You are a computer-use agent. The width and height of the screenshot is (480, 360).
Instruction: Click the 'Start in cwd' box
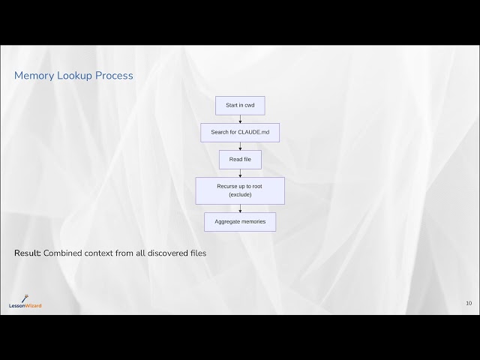[x=240, y=105]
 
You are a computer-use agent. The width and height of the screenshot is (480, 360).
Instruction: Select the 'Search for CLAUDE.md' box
[x=240, y=132]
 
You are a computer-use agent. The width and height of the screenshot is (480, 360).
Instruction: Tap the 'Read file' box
[x=240, y=159]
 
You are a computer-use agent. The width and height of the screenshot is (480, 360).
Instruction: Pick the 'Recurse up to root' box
[x=240, y=190]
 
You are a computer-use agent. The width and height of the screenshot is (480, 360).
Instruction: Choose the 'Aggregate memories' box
[x=240, y=221]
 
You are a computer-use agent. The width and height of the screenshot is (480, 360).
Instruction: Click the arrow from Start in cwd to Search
[x=240, y=118]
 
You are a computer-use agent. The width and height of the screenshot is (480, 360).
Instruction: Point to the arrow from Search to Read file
[x=240, y=146]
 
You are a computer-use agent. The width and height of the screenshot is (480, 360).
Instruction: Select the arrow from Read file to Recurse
[x=240, y=172]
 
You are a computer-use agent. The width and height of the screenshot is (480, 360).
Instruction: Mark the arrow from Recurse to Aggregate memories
[x=240, y=208]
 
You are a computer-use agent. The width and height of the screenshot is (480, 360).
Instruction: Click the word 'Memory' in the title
[x=34, y=76]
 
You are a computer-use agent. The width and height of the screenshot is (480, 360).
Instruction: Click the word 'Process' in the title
[x=114, y=76]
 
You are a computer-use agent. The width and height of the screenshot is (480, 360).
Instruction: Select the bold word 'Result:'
[x=28, y=253]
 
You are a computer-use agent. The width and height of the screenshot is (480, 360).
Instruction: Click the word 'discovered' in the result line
[x=162, y=253]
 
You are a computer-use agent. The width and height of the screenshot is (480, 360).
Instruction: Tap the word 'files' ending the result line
[x=197, y=253]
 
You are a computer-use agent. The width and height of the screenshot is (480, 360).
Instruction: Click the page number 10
[x=469, y=303]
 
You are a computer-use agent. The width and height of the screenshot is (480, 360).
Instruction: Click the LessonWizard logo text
[x=25, y=305]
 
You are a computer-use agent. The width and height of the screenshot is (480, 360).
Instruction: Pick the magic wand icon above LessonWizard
[x=25, y=297]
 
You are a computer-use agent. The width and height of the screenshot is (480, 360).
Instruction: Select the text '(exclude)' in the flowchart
[x=240, y=195]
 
